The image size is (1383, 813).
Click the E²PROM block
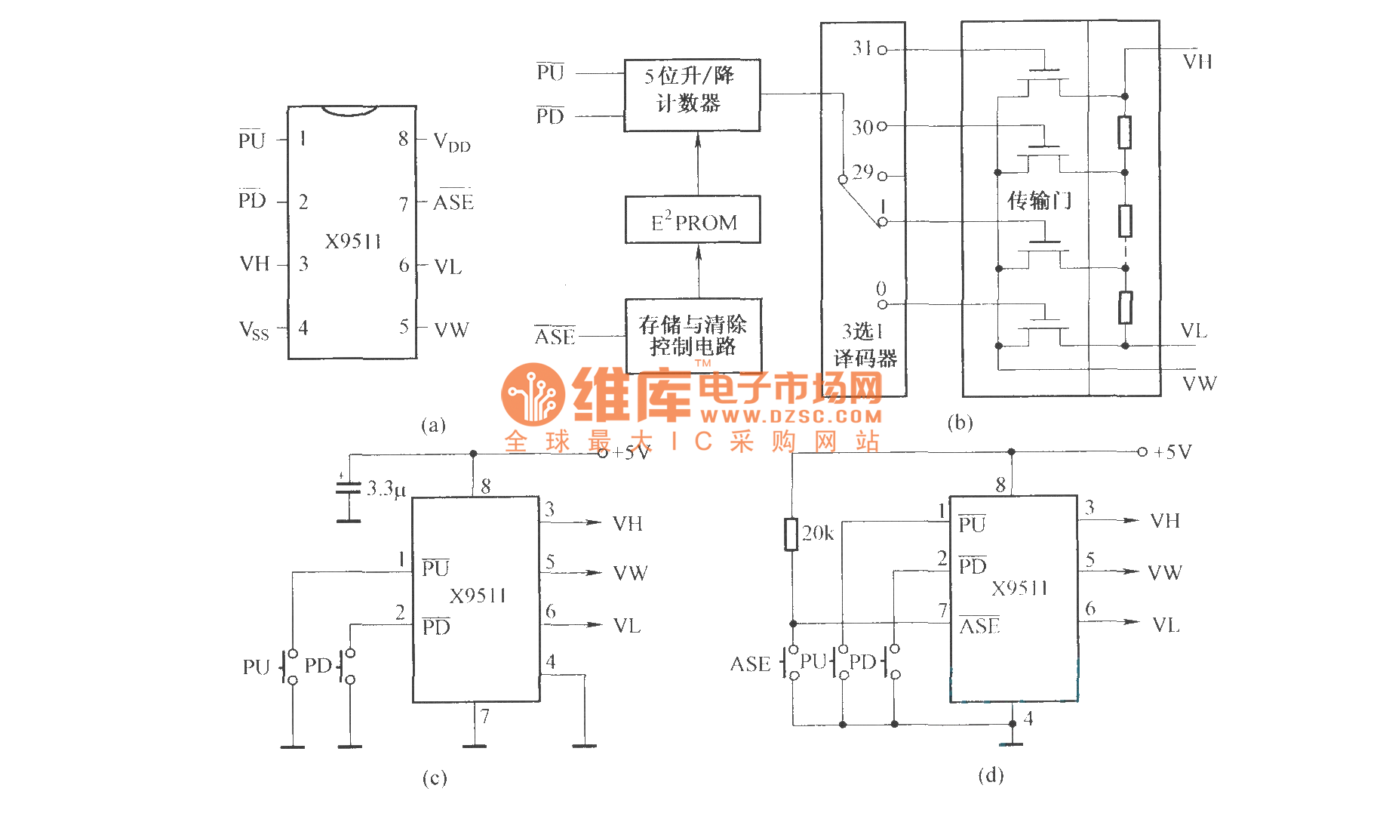pos(693,220)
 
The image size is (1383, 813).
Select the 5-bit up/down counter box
pos(692,95)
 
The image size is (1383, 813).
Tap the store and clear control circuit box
pos(693,335)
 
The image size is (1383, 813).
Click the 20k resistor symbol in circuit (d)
pos(791,534)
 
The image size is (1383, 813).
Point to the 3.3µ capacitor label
pos(386,489)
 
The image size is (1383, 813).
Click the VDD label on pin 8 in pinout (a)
pos(451,142)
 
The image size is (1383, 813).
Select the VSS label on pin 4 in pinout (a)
pos(254,330)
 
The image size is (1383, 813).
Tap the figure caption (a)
pos(433,425)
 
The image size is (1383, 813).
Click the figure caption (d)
pos(990,775)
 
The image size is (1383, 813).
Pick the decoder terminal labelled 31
pos(881,50)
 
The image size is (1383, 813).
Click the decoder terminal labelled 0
pos(881,304)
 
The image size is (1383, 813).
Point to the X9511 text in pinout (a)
pos(352,242)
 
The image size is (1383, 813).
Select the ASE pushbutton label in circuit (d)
pos(750,664)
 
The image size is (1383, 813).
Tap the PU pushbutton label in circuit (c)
pos(256,667)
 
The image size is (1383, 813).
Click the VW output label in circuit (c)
pos(630,574)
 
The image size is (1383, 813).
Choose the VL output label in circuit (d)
pos(1166,625)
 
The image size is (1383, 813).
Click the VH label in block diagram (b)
pos(1197,62)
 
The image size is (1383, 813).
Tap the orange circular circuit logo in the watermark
pos(533,394)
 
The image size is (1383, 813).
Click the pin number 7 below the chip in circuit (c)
pos(485,716)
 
